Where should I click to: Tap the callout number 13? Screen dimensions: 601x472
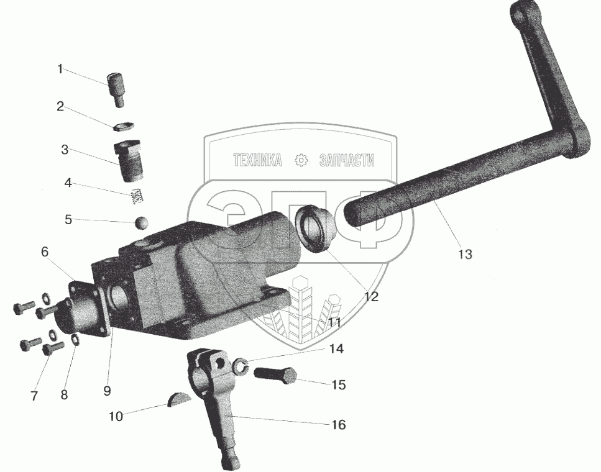[464, 254]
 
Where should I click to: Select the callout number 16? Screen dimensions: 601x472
[339, 425]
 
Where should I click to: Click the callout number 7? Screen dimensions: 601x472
[34, 395]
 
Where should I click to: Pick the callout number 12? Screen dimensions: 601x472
[371, 296]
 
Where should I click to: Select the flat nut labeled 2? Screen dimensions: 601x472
[121, 126]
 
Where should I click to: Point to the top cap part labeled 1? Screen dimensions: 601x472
[116, 88]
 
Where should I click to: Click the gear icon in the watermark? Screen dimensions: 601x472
[301, 160]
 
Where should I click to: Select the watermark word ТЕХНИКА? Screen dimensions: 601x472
[257, 160]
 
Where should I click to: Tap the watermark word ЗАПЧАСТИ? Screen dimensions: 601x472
[346, 160]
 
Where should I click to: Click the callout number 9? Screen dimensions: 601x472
[107, 391]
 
